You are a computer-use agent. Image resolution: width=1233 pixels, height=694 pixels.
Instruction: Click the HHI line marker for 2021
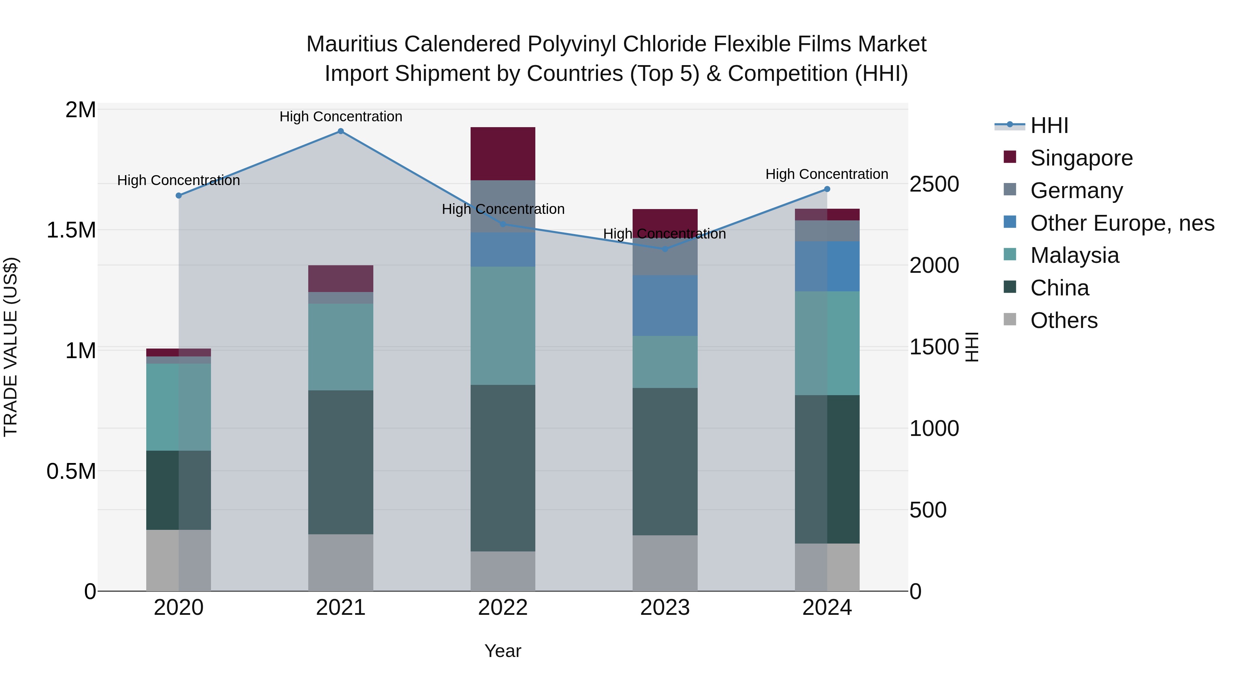(340, 131)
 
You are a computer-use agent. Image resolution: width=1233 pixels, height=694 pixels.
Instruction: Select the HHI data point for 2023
(665, 249)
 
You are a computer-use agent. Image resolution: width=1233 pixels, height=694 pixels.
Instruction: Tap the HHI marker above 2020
(178, 195)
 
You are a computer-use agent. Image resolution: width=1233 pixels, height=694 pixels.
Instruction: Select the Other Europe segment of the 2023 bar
(665, 306)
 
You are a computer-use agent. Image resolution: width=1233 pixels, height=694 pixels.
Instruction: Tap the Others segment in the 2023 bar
(665, 563)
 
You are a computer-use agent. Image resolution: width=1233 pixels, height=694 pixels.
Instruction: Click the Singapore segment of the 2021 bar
(340, 278)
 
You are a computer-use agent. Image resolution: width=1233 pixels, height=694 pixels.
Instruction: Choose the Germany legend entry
(1076, 191)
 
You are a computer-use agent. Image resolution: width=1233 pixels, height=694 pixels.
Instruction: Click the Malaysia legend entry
(1074, 255)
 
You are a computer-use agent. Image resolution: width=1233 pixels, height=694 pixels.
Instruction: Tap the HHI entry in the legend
(1049, 125)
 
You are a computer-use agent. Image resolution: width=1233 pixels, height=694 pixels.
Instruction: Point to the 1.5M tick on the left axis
(71, 230)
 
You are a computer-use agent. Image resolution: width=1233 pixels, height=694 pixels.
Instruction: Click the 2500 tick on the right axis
(934, 184)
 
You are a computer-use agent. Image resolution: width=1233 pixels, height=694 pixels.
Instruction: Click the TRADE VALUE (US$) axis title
(11, 347)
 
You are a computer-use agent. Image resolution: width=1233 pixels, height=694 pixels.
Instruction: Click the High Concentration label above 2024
(827, 174)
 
